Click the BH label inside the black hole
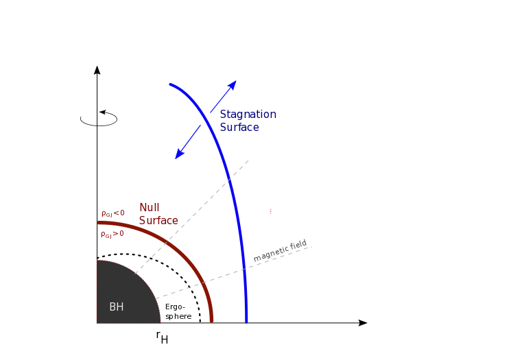(x=117, y=307)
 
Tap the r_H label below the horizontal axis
(x=161, y=337)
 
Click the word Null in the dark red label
(x=150, y=208)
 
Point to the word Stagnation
(x=248, y=115)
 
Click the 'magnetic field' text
(x=280, y=250)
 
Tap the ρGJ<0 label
(x=112, y=213)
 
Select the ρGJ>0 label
(x=112, y=234)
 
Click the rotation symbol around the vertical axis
(x=99, y=119)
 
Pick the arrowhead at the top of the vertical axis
(x=97, y=70)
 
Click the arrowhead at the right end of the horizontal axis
(x=363, y=323)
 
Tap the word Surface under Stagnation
(x=239, y=128)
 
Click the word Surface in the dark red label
(x=158, y=221)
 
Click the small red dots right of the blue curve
(x=270, y=211)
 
